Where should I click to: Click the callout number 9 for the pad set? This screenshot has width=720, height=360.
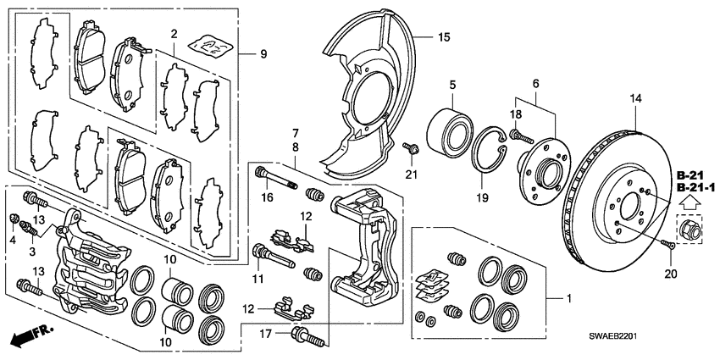[263, 55]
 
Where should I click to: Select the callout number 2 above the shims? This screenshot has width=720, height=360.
[173, 35]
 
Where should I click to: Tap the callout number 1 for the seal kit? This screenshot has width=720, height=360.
[568, 300]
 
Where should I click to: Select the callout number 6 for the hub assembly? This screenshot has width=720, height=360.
[535, 84]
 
